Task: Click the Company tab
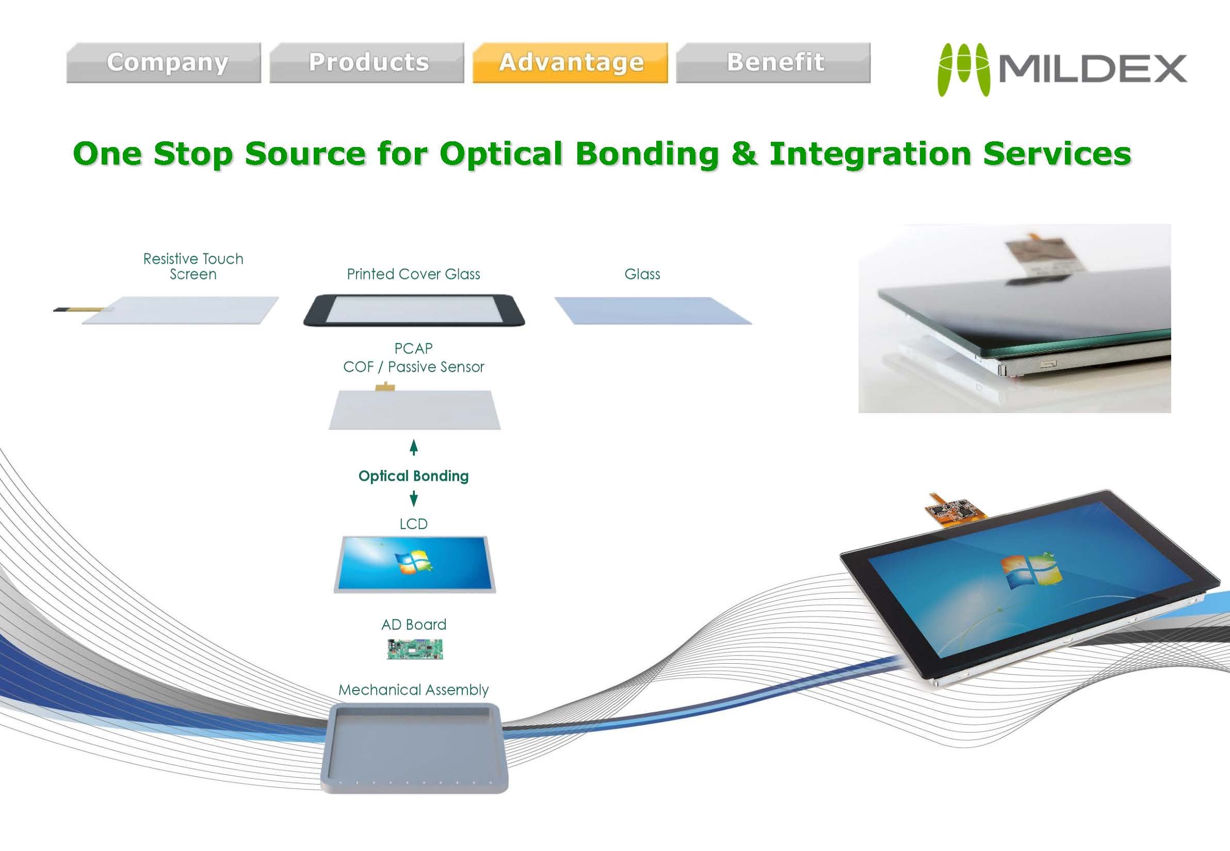pos(167,63)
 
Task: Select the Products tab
pos(368,63)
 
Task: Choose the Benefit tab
pos(775,63)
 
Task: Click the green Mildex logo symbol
pos(963,70)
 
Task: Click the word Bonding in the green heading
pos(647,154)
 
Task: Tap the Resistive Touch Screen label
pos(193,266)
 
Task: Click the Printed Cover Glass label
pos(413,274)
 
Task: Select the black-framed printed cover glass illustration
pos(414,310)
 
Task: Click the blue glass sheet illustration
pos(653,310)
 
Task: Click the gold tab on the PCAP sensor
pos(384,387)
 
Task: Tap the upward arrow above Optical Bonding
pos(413,447)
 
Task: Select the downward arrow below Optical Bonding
pos(413,499)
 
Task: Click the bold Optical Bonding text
pos(413,476)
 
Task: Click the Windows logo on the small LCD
pos(412,563)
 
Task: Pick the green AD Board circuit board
pos(414,649)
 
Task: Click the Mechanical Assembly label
pos(413,690)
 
